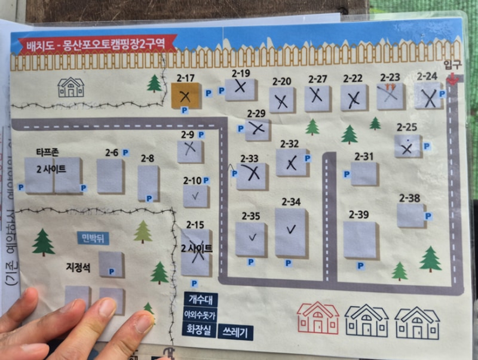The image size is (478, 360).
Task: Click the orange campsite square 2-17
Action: point(186,96)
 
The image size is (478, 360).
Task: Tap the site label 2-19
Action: point(241,73)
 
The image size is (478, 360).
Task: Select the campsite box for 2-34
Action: point(291,232)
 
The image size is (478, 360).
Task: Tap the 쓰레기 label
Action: point(235,331)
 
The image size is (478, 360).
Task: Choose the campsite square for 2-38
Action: point(410,215)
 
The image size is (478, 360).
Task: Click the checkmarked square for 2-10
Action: point(195,196)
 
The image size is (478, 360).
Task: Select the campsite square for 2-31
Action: point(364,174)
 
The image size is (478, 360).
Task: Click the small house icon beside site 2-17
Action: point(71,87)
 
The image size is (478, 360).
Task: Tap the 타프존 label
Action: point(47,152)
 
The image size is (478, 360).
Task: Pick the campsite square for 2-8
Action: point(148,183)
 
